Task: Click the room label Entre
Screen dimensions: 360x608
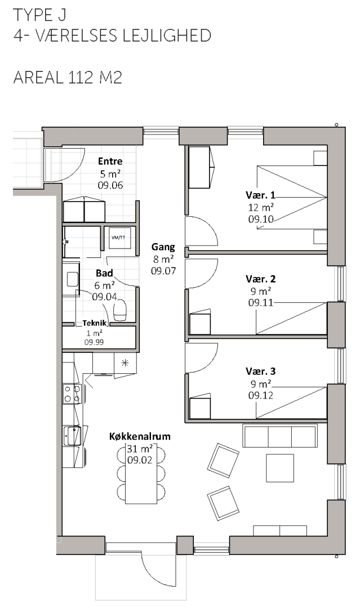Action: (x=110, y=161)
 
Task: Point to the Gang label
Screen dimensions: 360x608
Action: (x=163, y=247)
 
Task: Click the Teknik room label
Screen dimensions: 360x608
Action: (x=94, y=323)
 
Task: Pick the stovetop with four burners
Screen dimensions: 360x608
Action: (x=72, y=394)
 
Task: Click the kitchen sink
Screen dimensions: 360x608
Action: (x=72, y=435)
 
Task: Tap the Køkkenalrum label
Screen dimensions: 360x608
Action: (x=140, y=437)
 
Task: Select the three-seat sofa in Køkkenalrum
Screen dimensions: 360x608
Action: (x=280, y=436)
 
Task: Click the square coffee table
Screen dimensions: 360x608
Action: (x=279, y=468)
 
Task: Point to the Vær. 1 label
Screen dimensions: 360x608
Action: (x=260, y=195)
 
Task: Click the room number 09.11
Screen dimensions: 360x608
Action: (x=261, y=302)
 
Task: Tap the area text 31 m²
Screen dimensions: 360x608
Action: (x=140, y=449)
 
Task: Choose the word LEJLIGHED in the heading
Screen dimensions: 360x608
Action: (x=167, y=35)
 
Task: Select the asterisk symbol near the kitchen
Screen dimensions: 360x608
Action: (x=125, y=363)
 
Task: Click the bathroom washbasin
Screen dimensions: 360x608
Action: (x=72, y=279)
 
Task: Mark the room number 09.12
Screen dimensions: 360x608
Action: (x=261, y=395)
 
